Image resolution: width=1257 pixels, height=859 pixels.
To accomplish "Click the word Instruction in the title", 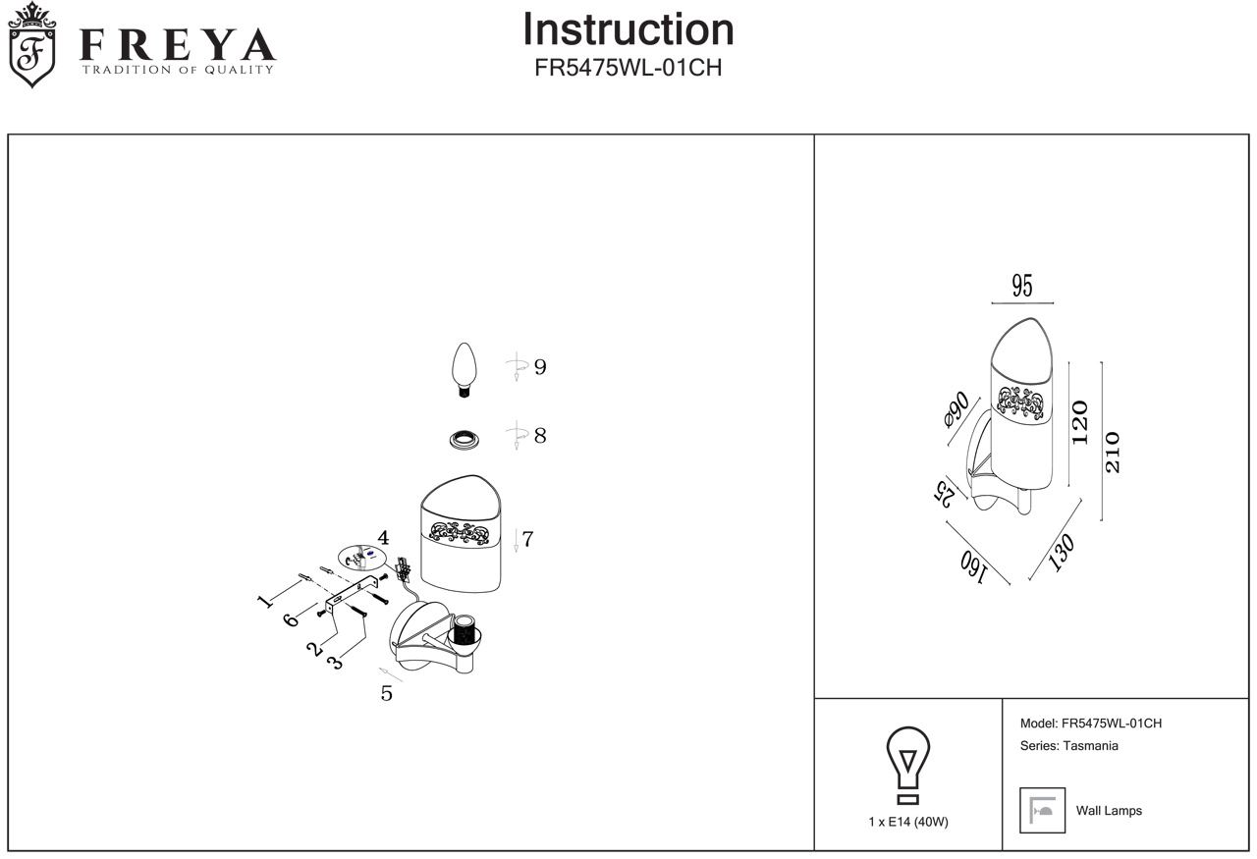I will [628, 29].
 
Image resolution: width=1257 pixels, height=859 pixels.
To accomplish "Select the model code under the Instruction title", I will [628, 68].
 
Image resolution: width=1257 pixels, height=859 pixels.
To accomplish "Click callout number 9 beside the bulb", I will [540, 367].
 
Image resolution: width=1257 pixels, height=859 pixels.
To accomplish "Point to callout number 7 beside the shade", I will [527, 539].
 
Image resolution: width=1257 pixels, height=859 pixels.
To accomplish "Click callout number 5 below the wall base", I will [387, 693].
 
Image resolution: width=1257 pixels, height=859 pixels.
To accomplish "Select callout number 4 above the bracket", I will [383, 538].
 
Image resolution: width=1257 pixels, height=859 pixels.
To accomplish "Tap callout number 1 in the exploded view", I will [264, 601].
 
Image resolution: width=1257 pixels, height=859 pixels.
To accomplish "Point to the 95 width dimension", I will [1022, 287].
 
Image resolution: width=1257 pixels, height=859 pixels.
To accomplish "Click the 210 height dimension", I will [1113, 453].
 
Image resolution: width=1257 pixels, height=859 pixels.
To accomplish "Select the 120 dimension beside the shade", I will [1080, 422].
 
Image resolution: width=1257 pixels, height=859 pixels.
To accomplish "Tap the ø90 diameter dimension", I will [956, 409].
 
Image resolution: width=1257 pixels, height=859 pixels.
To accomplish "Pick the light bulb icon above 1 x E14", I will [908, 768].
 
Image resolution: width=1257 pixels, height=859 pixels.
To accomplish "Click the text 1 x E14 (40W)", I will [908, 823].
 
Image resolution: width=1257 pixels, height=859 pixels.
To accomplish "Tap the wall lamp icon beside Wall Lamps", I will [1042, 810].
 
